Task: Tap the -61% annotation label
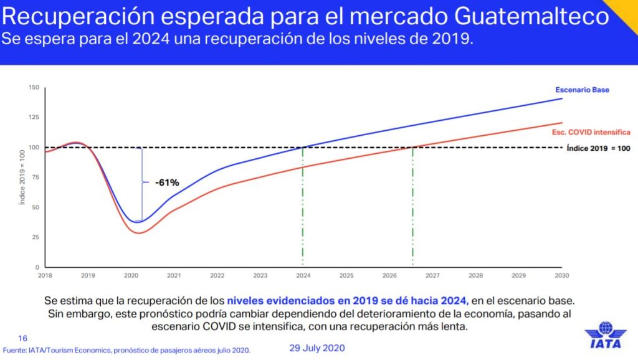pyautogui.click(x=166, y=182)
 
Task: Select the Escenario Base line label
pyautogui.click(x=582, y=90)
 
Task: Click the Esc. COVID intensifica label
pyautogui.click(x=591, y=133)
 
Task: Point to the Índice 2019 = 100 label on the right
pyautogui.click(x=598, y=148)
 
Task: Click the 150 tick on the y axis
pyautogui.click(x=34, y=87)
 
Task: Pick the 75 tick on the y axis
pyautogui.click(x=35, y=177)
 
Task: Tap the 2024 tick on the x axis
pyautogui.click(x=303, y=275)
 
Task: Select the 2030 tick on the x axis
pyautogui.click(x=562, y=275)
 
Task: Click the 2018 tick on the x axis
pyautogui.click(x=45, y=275)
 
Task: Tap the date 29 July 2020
pyautogui.click(x=317, y=347)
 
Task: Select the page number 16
pyautogui.click(x=23, y=338)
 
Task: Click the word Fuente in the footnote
pyautogui.click(x=16, y=350)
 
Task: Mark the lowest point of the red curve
pyautogui.click(x=139, y=233)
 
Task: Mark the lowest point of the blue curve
pyautogui.click(x=140, y=222)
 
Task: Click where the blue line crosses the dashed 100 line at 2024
pyautogui.click(x=303, y=148)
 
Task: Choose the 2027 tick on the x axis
pyautogui.click(x=432, y=275)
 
